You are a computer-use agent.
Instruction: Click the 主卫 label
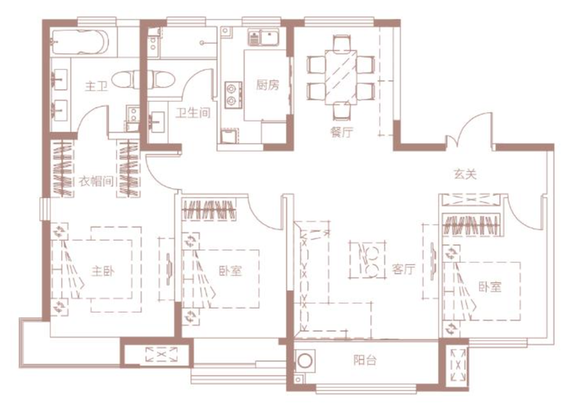tap(96, 86)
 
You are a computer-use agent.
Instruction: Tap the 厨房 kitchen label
tap(268, 85)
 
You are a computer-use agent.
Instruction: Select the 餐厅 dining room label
tap(342, 132)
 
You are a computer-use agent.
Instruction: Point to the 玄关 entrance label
tap(465, 174)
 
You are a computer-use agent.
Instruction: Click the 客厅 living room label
tap(404, 269)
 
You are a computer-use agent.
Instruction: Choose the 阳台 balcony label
tap(365, 361)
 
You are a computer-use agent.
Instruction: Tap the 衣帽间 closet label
tap(96, 181)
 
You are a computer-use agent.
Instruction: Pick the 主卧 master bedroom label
tap(103, 270)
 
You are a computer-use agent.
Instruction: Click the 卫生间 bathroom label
tap(193, 112)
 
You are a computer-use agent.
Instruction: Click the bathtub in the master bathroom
tap(80, 42)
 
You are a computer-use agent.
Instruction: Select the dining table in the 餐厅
tap(341, 78)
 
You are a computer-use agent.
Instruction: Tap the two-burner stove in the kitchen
tap(233, 95)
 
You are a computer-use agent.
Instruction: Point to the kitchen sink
tap(263, 38)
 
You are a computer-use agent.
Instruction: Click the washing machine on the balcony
tap(304, 361)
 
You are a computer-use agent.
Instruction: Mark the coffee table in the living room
tap(368, 260)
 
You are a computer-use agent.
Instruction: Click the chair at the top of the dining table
tap(342, 42)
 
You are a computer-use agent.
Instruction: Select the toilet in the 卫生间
tap(161, 79)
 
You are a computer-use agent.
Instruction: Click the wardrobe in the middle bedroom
tap(209, 210)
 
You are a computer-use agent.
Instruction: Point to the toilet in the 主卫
tap(125, 79)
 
